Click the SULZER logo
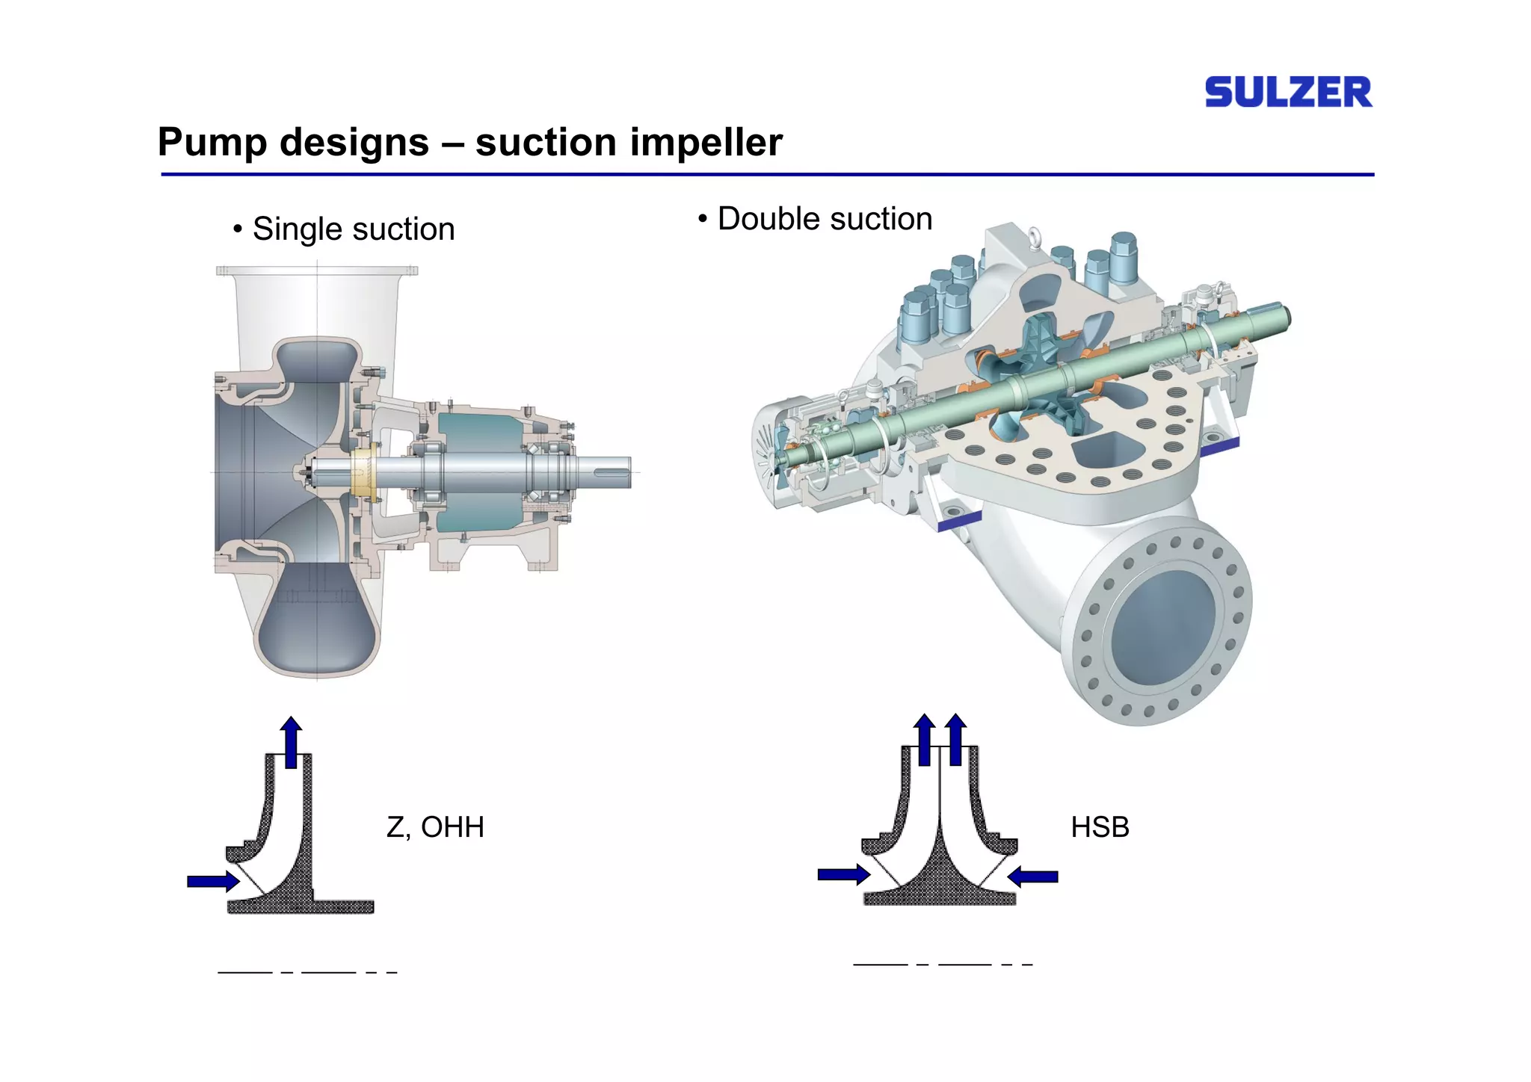[1288, 92]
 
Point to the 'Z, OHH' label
[435, 828]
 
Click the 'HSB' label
[1100, 827]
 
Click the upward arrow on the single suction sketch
[291, 742]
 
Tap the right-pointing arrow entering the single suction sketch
[213, 882]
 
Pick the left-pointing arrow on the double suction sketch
[1032, 877]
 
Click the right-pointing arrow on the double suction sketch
[844, 874]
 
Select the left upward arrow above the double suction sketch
[925, 739]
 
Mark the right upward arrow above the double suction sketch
[955, 739]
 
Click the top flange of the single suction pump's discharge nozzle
[317, 270]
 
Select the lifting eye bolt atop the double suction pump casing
[1035, 236]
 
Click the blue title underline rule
[768, 175]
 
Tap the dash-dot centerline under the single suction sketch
[307, 972]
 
